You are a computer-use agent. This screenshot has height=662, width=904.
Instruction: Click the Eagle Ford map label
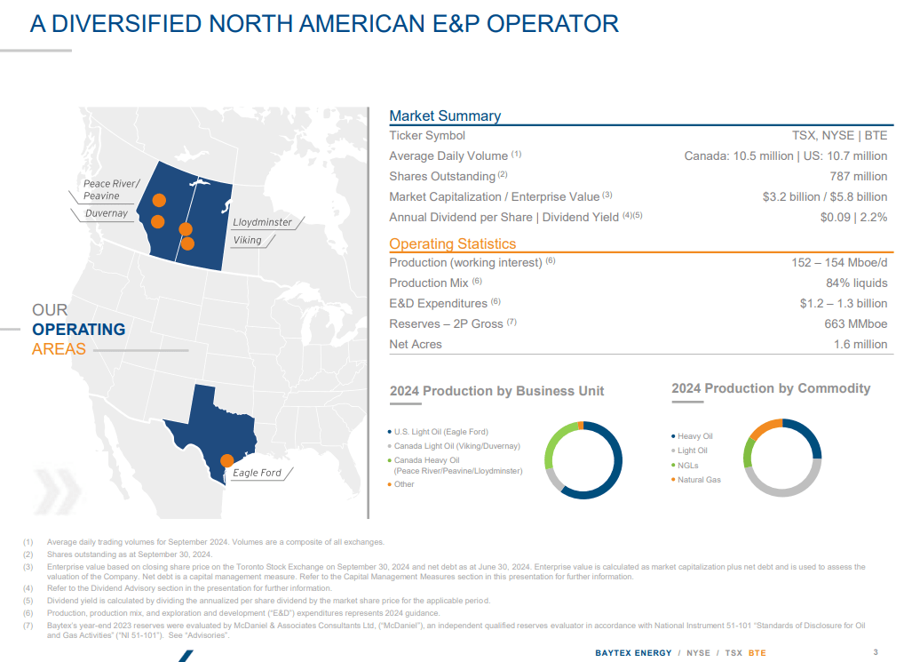257,473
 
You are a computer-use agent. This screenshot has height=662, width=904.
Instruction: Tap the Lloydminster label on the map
262,222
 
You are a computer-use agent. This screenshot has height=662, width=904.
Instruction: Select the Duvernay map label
107,213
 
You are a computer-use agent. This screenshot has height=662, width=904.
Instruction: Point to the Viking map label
247,240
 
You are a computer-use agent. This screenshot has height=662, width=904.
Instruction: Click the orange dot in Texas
226,460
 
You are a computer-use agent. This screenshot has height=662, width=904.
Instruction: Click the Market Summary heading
445,116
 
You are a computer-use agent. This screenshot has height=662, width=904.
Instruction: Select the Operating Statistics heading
452,243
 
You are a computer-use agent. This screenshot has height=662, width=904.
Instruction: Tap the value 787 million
858,176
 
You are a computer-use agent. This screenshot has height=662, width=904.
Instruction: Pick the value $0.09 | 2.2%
853,217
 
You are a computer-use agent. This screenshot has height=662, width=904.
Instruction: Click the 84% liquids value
856,283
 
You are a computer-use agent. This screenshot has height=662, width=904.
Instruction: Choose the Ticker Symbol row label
427,135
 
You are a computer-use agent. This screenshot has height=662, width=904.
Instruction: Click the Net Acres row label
416,344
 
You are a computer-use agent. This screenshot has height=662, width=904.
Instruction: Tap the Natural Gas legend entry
699,480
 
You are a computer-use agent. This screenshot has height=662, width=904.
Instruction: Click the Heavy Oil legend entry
694,436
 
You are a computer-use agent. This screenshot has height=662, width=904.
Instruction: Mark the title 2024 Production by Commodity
771,388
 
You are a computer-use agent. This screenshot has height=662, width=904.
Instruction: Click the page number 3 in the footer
876,652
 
